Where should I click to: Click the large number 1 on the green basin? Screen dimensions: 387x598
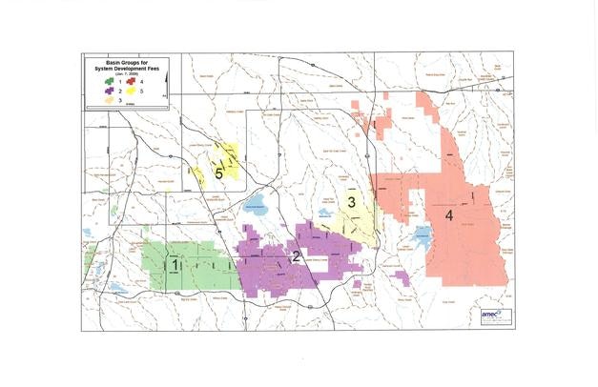174,262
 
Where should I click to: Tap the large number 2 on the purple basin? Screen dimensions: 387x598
296,255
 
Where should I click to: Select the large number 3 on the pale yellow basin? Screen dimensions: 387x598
351,202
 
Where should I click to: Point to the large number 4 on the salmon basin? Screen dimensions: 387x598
448,215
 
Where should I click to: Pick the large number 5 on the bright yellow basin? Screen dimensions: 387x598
219,173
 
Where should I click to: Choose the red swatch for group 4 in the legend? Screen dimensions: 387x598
134,83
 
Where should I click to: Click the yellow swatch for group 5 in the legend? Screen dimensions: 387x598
134,91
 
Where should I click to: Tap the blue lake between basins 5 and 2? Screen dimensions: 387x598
255,205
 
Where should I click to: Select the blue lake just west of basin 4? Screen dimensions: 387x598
422,233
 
